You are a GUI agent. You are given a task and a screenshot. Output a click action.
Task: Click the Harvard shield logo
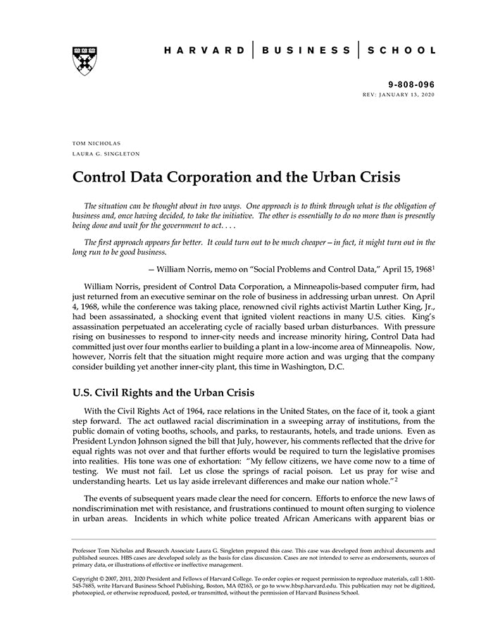click(85, 61)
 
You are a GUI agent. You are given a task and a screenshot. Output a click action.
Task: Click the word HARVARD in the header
click(204, 51)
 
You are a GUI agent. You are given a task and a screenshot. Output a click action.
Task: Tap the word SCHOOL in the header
click(402, 51)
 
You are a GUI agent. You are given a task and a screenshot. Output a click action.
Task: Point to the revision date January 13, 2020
click(409, 94)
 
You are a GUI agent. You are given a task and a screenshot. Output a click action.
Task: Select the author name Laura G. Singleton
click(105, 153)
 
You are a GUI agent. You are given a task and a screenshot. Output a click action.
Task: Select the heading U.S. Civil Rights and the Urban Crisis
click(163, 392)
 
